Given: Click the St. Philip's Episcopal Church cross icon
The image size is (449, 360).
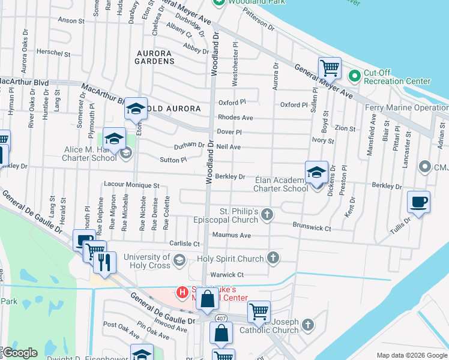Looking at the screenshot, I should click(268, 214).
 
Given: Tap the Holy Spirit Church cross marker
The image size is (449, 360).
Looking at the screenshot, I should click(273, 259).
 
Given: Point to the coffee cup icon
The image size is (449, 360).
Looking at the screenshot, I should click(418, 202).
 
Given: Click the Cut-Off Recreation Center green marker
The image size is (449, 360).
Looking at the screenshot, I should click(354, 76).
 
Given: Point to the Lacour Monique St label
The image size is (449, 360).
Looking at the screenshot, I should click(131, 186).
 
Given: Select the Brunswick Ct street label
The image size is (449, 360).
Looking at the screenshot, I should click(312, 227).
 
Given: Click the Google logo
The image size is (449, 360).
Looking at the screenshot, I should click(20, 353).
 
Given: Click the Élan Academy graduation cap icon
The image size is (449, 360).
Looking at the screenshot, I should click(316, 172).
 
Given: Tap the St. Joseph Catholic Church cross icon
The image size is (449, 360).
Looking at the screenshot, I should click(307, 325).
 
